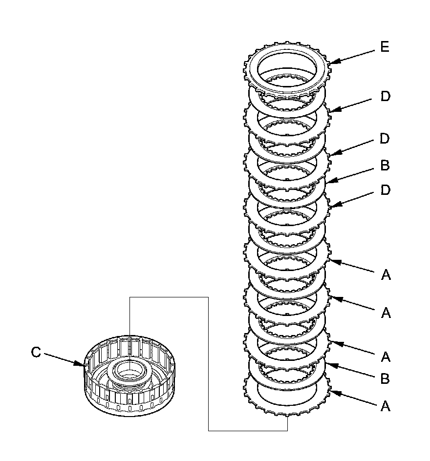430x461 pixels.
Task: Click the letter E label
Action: [x=385, y=47]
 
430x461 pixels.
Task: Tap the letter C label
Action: [x=36, y=353]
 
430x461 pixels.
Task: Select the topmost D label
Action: [x=386, y=97]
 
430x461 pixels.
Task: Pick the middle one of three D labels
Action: [x=385, y=139]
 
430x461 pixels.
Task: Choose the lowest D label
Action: [x=386, y=189]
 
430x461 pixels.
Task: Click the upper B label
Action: [x=385, y=166]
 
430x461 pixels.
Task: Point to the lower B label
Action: [x=386, y=378]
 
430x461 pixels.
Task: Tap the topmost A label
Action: [x=386, y=275]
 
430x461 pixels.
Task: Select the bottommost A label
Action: [x=386, y=406]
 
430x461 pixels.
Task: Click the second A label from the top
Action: [x=386, y=313]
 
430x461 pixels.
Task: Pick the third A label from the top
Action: [x=386, y=357]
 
